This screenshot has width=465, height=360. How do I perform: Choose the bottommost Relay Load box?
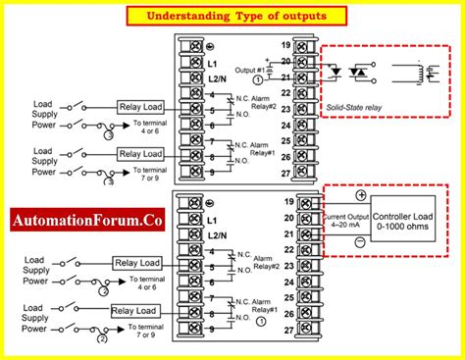point(134,311)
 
